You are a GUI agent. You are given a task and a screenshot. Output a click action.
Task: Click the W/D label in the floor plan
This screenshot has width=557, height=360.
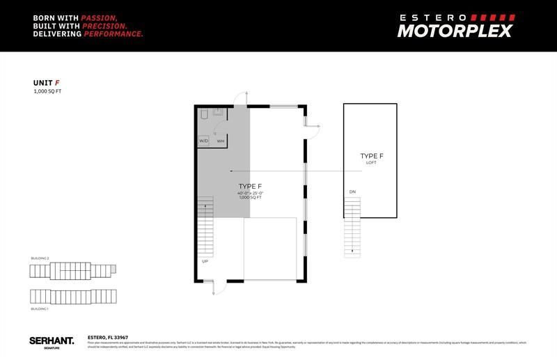204,141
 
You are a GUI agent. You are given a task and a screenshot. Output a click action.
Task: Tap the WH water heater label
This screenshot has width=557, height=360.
220,141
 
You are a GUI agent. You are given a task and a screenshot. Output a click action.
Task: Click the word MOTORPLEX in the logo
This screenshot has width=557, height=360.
455,31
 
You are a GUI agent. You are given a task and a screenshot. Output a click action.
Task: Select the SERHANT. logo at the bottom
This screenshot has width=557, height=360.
52,341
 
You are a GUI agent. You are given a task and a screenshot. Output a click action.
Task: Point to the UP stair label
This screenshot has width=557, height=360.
205,261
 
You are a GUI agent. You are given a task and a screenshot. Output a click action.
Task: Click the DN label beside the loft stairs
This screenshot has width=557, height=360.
352,191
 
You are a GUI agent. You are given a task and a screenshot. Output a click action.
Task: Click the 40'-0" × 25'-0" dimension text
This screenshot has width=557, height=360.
249,193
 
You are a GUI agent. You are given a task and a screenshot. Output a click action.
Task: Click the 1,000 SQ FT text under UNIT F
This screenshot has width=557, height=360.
47,91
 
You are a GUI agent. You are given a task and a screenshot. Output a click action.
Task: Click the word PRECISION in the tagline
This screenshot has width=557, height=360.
100,24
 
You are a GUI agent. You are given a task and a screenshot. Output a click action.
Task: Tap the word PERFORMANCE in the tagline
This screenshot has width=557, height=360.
113,33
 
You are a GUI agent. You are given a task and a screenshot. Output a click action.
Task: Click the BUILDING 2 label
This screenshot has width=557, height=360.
40,258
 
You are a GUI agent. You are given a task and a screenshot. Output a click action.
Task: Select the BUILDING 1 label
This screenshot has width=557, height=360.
40,308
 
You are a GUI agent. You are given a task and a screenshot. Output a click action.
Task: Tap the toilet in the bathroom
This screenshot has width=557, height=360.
205,113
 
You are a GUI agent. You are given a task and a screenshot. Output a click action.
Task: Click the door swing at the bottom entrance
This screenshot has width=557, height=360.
214,286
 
